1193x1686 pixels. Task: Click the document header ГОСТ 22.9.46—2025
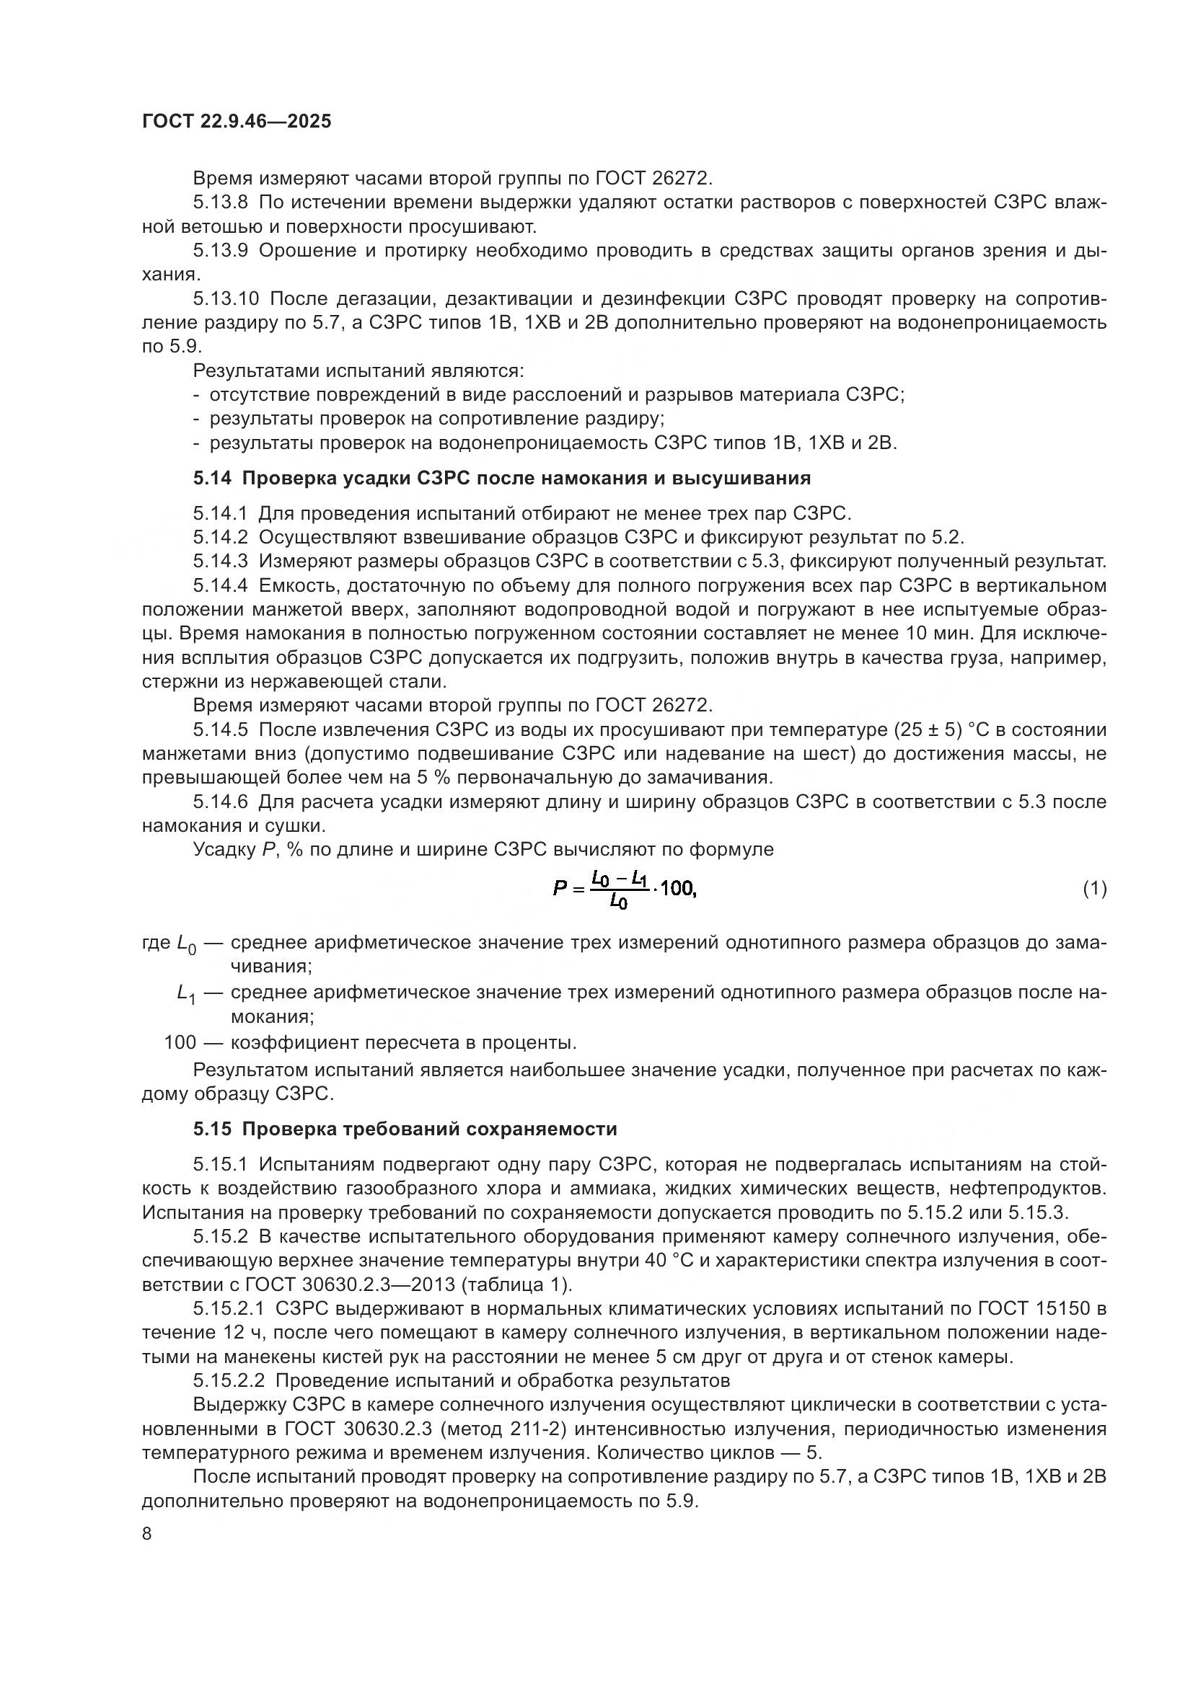(x=237, y=121)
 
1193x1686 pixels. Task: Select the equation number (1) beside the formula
(x=1094, y=889)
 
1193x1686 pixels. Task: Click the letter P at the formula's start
(x=560, y=889)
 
